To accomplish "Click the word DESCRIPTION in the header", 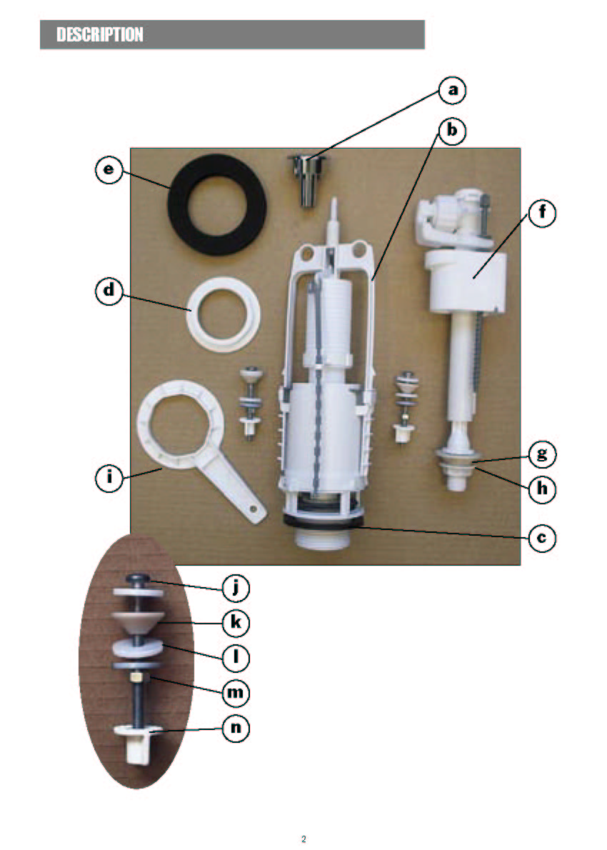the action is tap(100, 35).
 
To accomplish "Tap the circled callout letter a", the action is tap(453, 90).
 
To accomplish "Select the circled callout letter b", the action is tap(451, 131).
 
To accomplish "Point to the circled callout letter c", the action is tap(542, 539).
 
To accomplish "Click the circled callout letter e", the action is tap(109, 170).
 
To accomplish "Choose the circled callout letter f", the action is tap(542, 213).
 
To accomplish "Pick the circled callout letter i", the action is tap(109, 479).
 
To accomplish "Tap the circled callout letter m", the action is tap(236, 693).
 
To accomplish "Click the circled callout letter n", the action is tap(236, 727).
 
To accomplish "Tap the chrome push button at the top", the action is tap(307, 179).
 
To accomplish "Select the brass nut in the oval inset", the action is tap(136, 678).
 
